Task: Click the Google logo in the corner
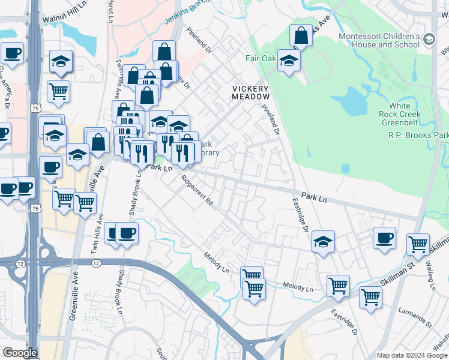(19, 353)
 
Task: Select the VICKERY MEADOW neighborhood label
(250, 92)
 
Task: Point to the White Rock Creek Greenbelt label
(400, 118)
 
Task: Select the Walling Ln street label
(430, 275)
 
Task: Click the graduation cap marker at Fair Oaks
(289, 60)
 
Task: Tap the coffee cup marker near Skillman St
(384, 238)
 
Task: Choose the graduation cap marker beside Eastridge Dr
(323, 241)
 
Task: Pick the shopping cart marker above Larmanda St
(370, 296)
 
